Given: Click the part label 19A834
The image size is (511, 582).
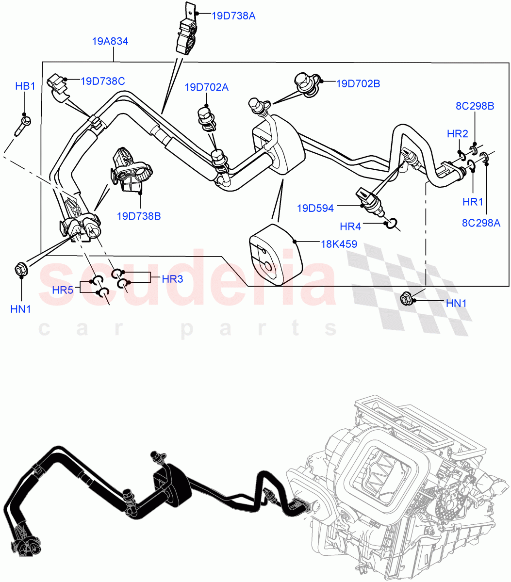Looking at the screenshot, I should click(x=110, y=42).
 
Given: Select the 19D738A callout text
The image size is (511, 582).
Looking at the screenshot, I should click(x=233, y=16).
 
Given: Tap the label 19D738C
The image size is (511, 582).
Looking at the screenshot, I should click(x=102, y=81).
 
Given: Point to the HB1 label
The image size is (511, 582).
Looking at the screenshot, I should click(x=25, y=86).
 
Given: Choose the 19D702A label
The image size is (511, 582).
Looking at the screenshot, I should click(x=206, y=87).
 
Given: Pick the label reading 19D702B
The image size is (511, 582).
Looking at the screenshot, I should click(x=358, y=84).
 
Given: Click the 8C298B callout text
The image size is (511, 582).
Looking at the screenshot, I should click(x=475, y=106).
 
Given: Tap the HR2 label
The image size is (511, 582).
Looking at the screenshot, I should click(x=457, y=134).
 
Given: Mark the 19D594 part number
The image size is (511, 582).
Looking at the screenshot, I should click(x=315, y=209).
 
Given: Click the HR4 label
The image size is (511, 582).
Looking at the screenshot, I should click(x=350, y=226).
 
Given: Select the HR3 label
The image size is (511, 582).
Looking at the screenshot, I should click(x=172, y=279).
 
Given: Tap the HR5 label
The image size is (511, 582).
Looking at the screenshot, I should click(x=62, y=290).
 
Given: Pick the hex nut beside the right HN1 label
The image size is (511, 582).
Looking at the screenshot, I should click(x=406, y=299).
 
